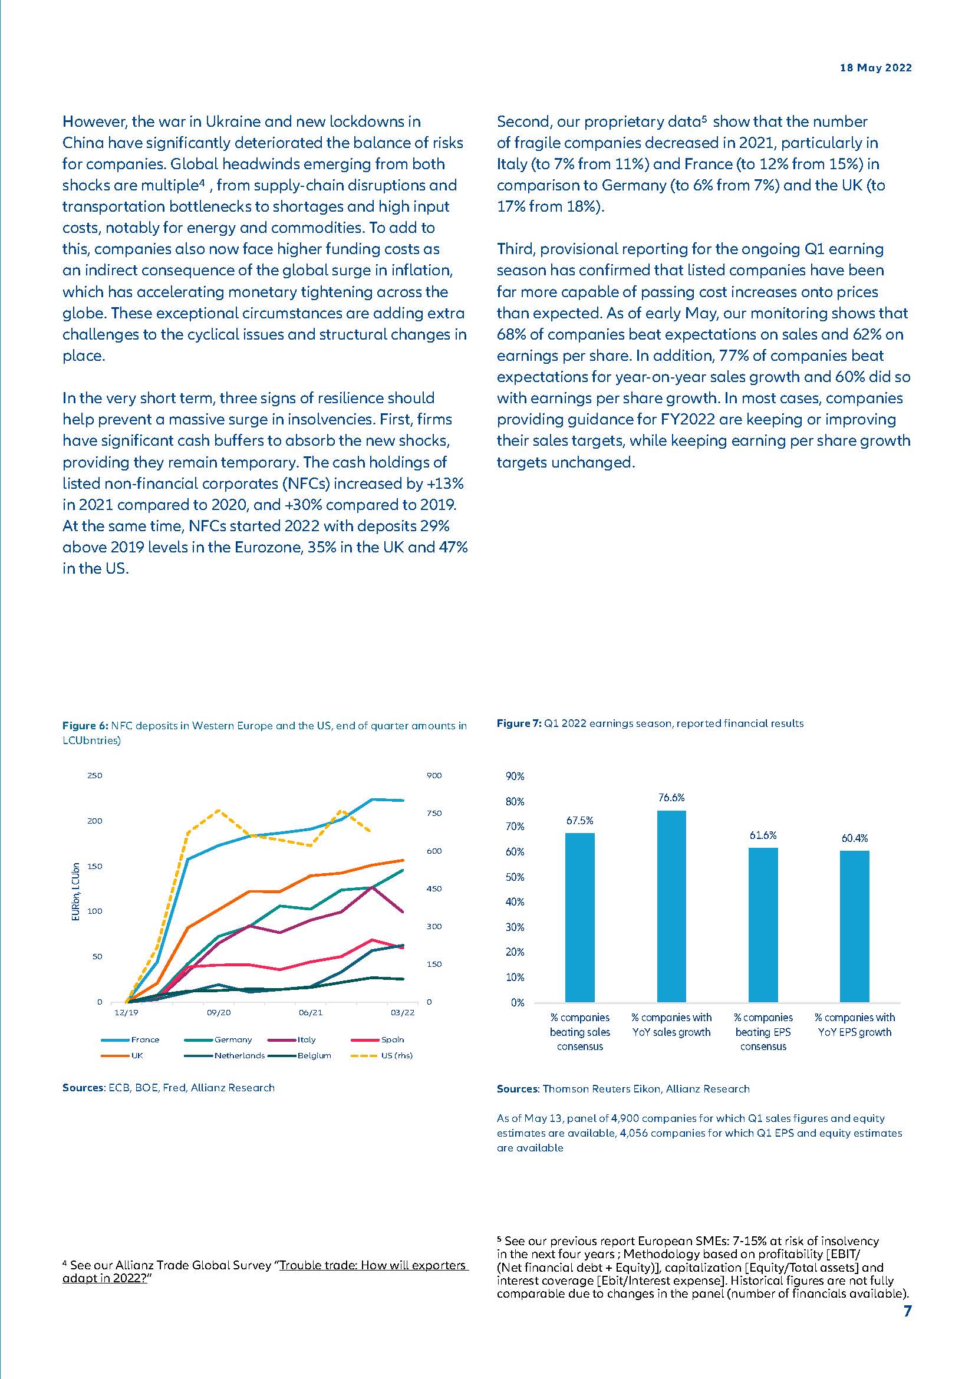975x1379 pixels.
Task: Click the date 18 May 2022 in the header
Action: coord(875,68)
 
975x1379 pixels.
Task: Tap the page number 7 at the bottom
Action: coord(907,1311)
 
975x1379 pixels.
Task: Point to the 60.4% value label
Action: coord(854,838)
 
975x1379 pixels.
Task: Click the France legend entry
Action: coord(144,1039)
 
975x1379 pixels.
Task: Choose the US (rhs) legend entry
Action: coord(396,1055)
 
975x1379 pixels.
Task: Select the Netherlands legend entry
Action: coord(239,1055)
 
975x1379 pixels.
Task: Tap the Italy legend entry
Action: coord(306,1039)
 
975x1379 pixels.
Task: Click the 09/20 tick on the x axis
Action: coord(219,1013)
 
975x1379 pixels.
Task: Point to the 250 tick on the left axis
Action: coord(95,775)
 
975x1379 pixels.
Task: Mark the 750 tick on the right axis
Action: coord(434,813)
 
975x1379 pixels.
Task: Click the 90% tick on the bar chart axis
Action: coord(515,776)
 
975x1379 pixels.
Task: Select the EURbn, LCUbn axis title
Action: coord(75,892)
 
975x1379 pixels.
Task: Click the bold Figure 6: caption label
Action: coord(85,726)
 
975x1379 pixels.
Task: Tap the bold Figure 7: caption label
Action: coord(519,724)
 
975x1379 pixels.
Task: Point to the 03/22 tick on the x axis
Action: coord(402,1013)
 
